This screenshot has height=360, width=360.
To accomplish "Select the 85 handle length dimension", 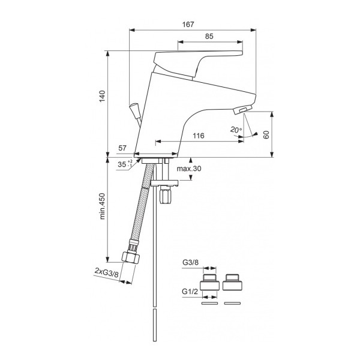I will (x=209, y=36).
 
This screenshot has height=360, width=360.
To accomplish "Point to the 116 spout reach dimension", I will (x=199, y=136).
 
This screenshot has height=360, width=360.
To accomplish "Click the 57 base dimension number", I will (x=122, y=147).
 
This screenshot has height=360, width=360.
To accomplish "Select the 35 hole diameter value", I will (x=121, y=163).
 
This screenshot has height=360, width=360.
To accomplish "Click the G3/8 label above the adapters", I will (x=190, y=262).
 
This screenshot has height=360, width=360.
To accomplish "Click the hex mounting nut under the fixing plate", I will (x=166, y=196).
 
